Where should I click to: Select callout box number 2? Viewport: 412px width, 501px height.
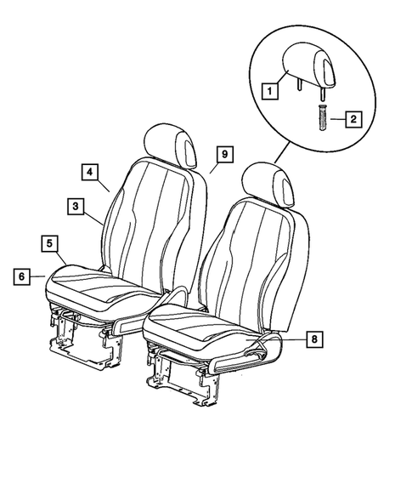[x=349, y=120]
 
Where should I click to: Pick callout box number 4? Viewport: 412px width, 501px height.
[x=89, y=171]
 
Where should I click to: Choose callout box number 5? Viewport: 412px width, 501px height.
[x=50, y=243]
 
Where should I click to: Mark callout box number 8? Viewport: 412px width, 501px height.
[x=314, y=339]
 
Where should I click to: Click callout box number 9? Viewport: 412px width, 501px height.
[x=223, y=154]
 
